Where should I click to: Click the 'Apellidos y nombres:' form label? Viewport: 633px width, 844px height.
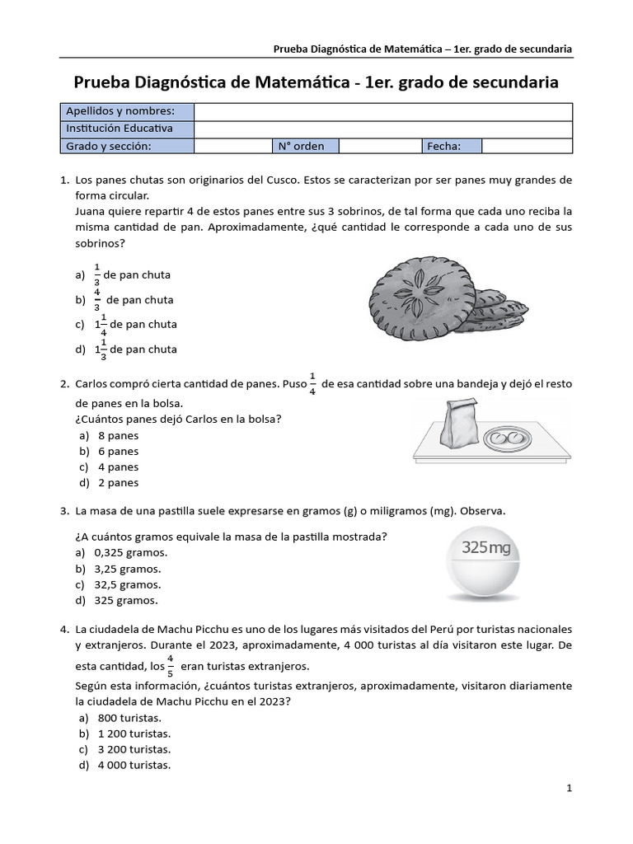click(x=120, y=111)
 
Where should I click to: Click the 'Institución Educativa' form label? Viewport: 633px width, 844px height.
click(x=120, y=129)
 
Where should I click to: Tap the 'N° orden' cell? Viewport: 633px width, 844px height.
click(x=301, y=146)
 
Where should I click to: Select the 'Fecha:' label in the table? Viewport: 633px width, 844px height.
click(x=443, y=146)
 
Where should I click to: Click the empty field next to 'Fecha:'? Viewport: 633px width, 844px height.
click(x=526, y=146)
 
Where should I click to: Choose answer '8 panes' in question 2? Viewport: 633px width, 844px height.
click(x=118, y=435)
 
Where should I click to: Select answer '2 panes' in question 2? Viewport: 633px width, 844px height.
click(x=118, y=482)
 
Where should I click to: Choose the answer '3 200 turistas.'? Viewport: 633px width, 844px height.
click(x=134, y=749)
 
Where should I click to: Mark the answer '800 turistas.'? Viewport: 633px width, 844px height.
click(x=129, y=718)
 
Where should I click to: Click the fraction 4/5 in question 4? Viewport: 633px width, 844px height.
click(x=171, y=664)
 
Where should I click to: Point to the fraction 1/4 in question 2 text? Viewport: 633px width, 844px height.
click(x=312, y=383)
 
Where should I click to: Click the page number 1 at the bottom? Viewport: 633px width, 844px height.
click(x=569, y=788)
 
